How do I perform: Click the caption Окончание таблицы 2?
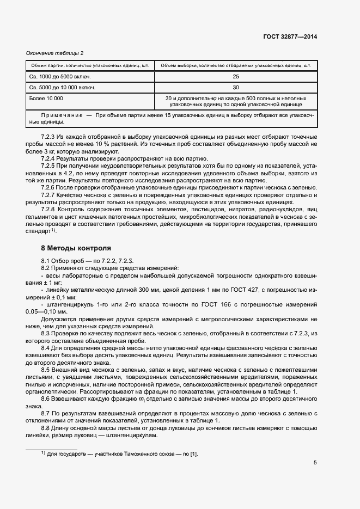[x=55, y=53]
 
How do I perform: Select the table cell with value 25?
[x=235, y=77]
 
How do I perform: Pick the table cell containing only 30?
[x=235, y=87]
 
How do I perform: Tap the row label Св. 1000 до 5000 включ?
[x=60, y=77]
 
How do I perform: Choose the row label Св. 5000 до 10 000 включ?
[x=63, y=87]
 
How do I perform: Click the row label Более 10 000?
[x=46, y=98]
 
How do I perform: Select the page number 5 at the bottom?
[x=315, y=463]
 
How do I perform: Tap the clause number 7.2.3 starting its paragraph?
[x=50, y=136]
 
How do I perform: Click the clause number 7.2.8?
[x=50, y=209]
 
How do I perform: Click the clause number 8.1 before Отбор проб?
[x=46, y=261]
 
